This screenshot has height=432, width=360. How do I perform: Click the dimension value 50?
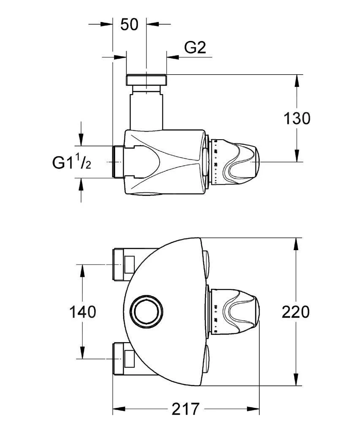[x=129, y=24]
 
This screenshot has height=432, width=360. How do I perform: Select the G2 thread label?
[x=195, y=48]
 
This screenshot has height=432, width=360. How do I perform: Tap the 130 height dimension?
[x=296, y=119]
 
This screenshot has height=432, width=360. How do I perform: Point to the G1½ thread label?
[x=72, y=162]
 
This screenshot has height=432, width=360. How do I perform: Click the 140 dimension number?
[x=82, y=312]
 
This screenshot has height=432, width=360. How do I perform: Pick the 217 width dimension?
[x=186, y=409]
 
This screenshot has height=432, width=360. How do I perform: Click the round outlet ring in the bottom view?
[x=146, y=311]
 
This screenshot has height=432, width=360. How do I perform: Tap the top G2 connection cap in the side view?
[x=146, y=79]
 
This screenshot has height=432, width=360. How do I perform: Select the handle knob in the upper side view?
[x=241, y=162]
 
